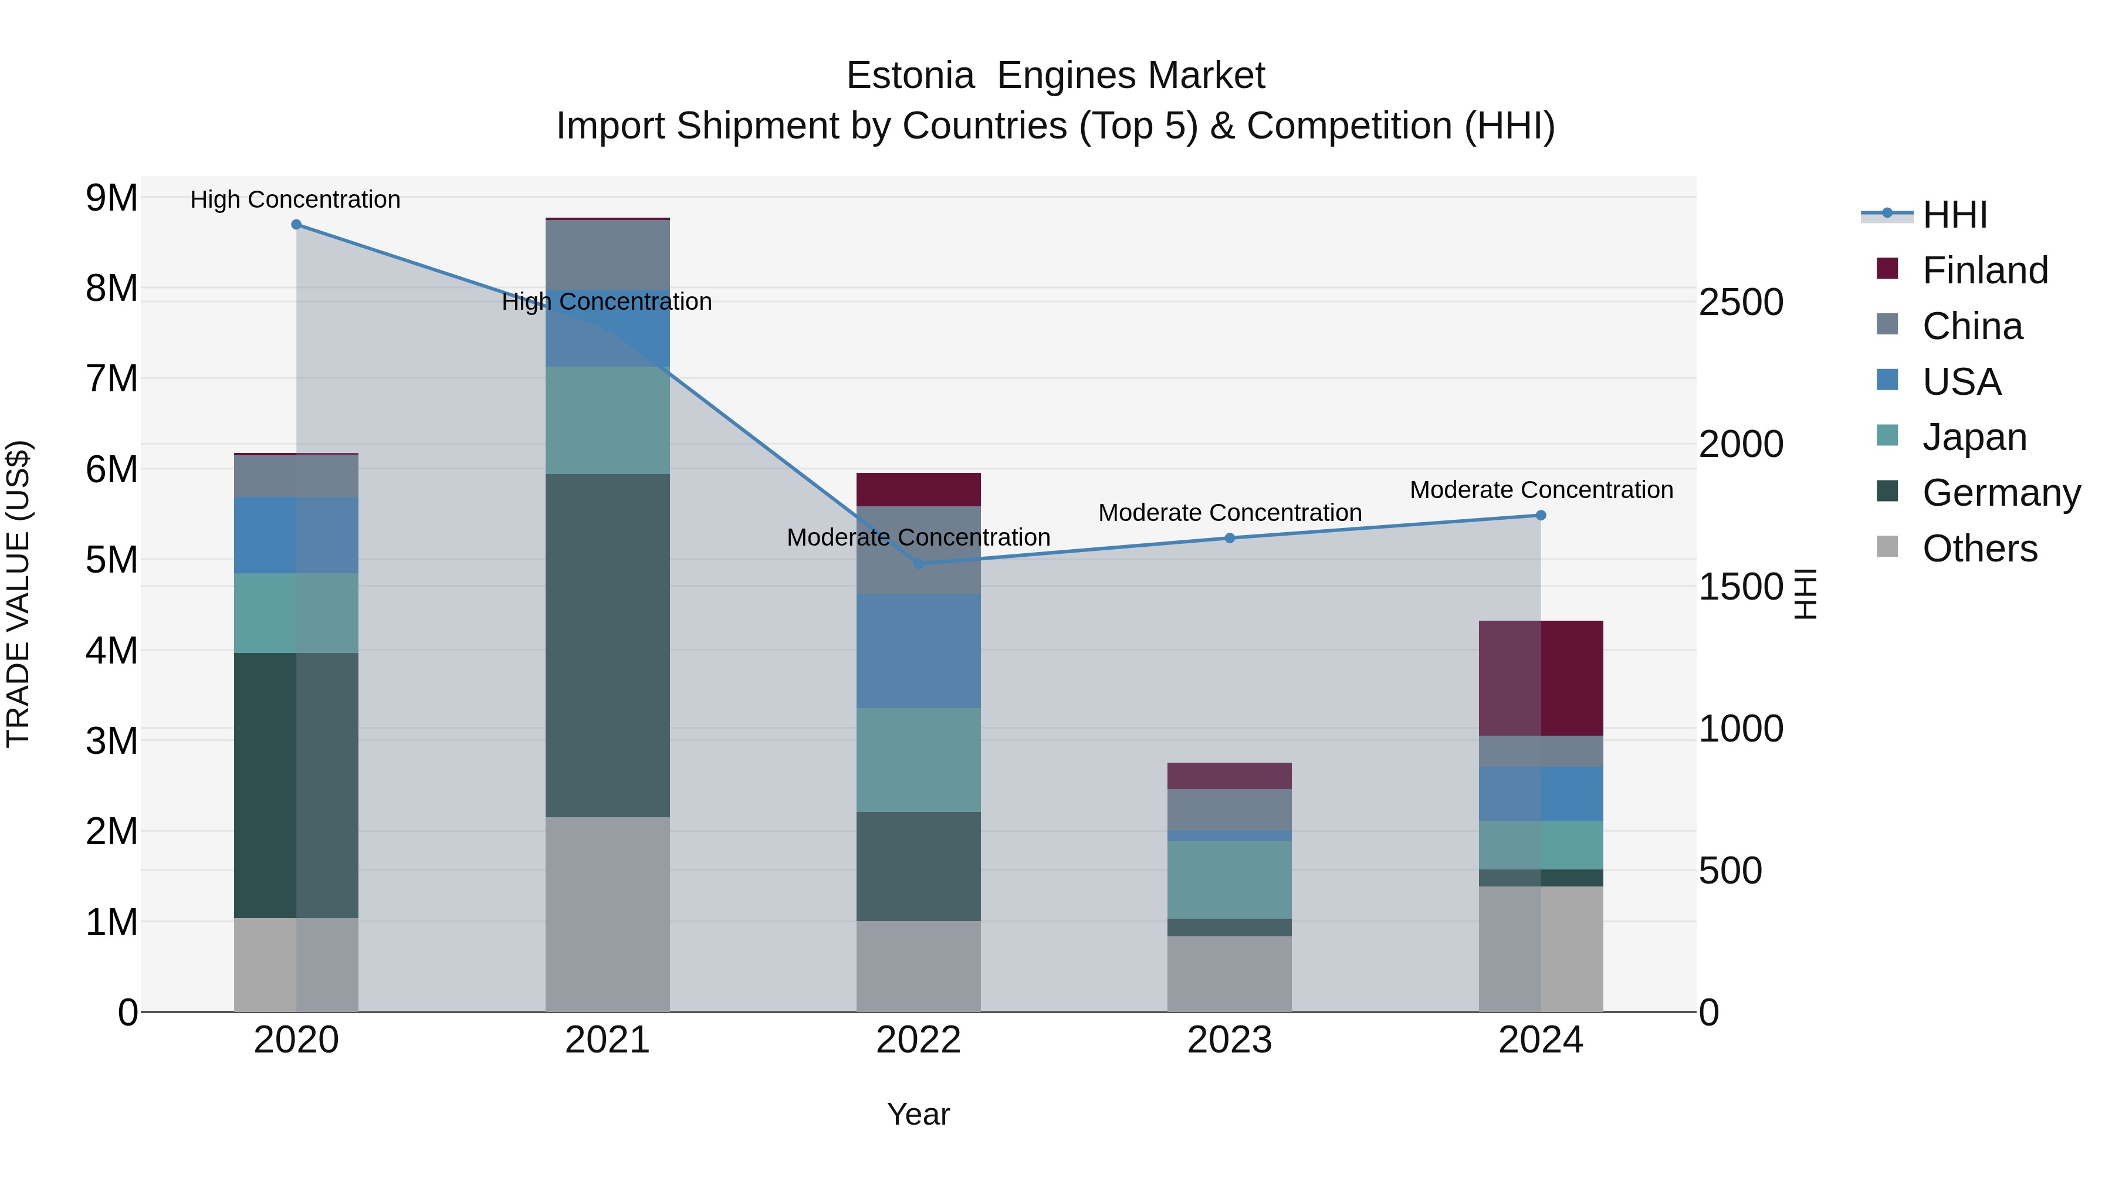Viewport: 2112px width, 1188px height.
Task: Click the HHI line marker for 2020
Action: [x=296, y=225]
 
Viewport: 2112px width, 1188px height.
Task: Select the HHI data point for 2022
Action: [x=918, y=564]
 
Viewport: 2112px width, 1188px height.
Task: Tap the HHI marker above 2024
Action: [x=1541, y=515]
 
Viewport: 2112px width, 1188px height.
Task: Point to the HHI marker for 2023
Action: [x=1230, y=538]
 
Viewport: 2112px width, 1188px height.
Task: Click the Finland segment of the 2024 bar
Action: [x=1541, y=678]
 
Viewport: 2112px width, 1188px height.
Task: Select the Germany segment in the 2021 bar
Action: [x=608, y=645]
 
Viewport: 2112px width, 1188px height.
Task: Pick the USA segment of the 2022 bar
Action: [x=918, y=651]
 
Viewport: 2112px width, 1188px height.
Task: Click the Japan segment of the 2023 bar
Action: [x=1230, y=880]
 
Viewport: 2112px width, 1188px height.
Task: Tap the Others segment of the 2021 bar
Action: [x=608, y=914]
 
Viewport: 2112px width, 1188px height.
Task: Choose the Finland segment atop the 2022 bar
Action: [x=918, y=489]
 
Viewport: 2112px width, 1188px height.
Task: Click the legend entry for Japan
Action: [x=1974, y=437]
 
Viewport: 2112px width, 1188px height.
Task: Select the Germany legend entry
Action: [x=2001, y=493]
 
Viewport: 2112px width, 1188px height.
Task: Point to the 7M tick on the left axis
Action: [x=111, y=379]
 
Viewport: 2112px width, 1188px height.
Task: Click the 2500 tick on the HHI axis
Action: [x=1741, y=303]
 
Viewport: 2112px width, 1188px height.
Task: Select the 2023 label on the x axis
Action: [x=1230, y=1040]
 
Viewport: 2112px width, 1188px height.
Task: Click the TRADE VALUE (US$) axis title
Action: [x=18, y=594]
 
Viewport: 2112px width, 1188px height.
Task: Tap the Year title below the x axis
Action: [x=918, y=1114]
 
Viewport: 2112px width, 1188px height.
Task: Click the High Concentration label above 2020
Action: [x=295, y=199]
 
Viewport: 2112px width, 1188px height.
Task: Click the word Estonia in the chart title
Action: [x=910, y=76]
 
